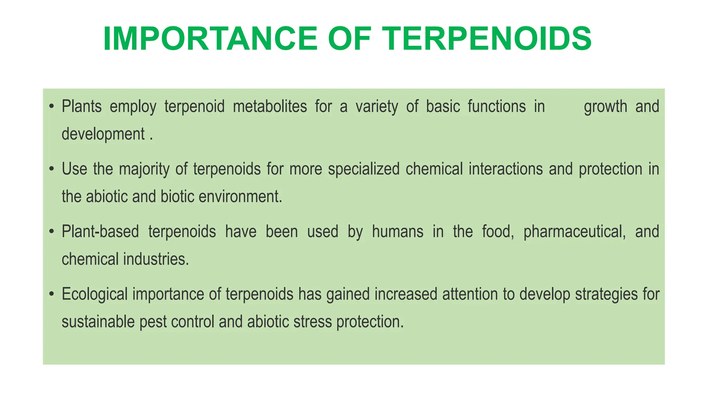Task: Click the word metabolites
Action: click(x=270, y=106)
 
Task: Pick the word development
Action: click(x=103, y=134)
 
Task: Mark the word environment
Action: click(x=240, y=197)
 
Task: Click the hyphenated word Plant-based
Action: click(x=100, y=231)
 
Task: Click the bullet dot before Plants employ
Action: click(x=52, y=106)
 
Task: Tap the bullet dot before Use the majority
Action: click(x=52, y=169)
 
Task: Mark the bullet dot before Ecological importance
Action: click(x=52, y=294)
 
